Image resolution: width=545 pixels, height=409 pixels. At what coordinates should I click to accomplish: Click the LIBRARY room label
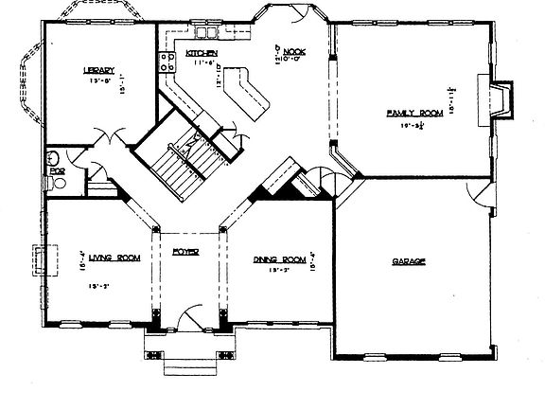tap(98, 70)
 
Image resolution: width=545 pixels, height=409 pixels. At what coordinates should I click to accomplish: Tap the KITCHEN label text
tap(202, 53)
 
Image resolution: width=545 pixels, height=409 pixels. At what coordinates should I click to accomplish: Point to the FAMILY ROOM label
tap(409, 113)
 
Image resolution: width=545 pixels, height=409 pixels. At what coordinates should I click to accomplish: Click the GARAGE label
tap(409, 260)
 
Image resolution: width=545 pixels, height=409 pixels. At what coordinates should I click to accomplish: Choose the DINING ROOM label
tap(277, 258)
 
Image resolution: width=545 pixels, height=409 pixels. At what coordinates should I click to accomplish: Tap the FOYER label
tap(185, 252)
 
